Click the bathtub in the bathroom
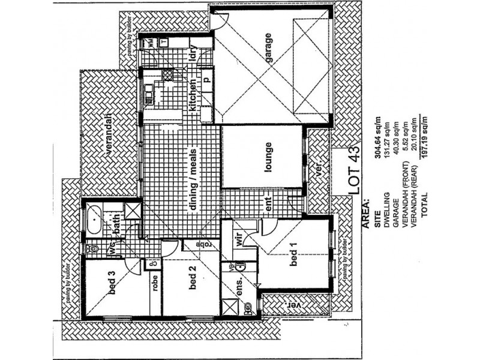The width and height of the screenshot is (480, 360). pyautogui.click(x=94, y=220)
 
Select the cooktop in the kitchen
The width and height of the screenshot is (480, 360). pyautogui.click(x=169, y=76)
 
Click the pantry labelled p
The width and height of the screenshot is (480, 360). pyautogui.click(x=206, y=79)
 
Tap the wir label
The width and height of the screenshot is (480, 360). pyautogui.click(x=238, y=242)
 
